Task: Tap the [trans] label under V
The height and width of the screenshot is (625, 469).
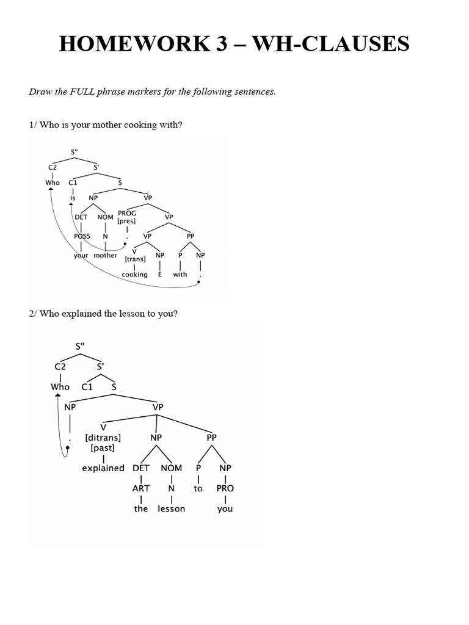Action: tap(135, 259)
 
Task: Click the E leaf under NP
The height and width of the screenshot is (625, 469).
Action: tap(159, 274)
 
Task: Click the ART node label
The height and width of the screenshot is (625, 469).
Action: tap(141, 488)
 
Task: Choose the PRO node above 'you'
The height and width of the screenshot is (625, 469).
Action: tap(225, 488)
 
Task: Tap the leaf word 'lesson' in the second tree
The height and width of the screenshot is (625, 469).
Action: tap(171, 508)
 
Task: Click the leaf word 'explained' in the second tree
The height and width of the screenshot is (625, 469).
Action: tap(103, 468)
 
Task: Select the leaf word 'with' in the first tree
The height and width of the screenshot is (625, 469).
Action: tap(180, 274)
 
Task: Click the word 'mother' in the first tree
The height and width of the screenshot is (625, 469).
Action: tap(106, 255)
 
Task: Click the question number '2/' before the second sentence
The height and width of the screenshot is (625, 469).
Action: tap(34, 314)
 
